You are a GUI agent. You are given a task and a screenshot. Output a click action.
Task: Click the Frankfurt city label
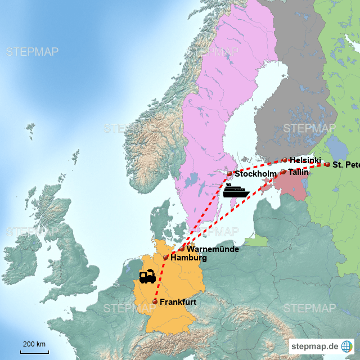tap(178, 302)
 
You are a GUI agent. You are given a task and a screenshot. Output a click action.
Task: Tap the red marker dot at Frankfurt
tap(155, 302)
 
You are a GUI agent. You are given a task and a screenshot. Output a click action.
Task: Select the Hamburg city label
tap(188, 258)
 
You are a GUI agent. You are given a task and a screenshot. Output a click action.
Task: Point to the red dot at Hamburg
tap(166, 257)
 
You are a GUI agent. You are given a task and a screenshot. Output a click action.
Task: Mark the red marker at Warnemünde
tap(182, 248)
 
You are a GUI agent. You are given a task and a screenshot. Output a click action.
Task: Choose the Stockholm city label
tap(255, 174)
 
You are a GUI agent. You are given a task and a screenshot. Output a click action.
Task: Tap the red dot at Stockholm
tap(229, 173)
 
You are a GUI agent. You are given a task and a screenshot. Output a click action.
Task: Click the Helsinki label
tap(305, 160)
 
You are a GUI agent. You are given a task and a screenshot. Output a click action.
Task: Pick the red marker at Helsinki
tap(285, 160)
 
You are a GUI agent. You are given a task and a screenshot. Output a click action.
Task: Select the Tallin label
tap(298, 172)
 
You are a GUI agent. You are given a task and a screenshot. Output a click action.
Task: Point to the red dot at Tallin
tap(283, 172)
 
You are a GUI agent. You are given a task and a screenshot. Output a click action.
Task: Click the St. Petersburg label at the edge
tap(345, 165)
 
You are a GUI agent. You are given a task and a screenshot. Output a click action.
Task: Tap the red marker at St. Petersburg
tap(327, 164)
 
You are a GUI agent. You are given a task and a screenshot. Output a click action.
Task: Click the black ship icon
tap(236, 191)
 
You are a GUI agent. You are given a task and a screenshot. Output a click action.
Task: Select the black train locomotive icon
tap(147, 277)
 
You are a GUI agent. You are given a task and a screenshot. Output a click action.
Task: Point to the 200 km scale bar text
tap(34, 344)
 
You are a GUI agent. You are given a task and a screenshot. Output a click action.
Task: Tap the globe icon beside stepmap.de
tap(347, 345)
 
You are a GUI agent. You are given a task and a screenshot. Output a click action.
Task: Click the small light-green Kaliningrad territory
tap(256, 240)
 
